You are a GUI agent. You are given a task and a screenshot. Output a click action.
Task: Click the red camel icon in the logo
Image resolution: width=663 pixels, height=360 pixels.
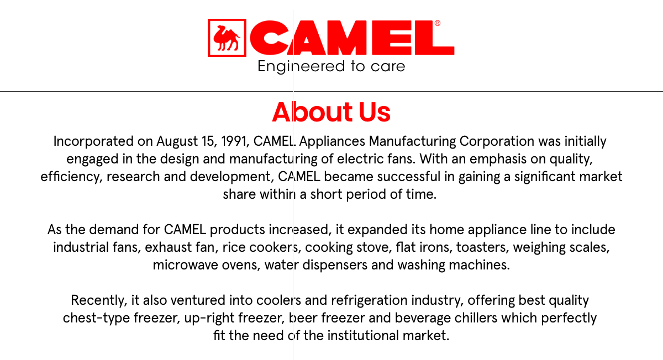227,38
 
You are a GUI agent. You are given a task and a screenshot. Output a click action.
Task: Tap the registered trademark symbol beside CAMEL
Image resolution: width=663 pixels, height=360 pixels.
438,23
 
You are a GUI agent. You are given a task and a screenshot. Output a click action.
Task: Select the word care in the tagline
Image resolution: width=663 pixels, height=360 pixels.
385,67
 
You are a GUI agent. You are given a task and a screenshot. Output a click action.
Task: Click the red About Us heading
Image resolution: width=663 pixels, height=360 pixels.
331,112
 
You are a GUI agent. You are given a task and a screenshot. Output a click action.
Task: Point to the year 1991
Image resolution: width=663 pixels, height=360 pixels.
233,141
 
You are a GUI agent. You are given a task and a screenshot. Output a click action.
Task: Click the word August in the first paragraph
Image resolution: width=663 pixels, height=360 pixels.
177,141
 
